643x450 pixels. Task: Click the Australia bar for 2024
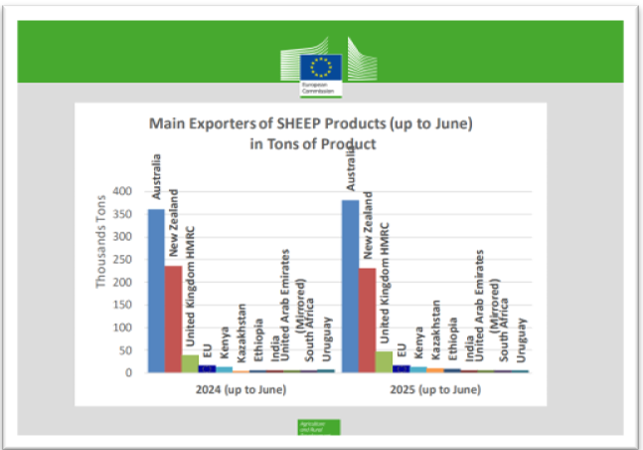(x=156, y=290)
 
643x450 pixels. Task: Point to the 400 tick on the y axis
(x=124, y=191)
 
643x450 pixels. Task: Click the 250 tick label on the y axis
(x=124, y=260)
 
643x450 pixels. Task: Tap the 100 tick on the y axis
(x=124, y=328)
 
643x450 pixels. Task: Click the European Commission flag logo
(x=321, y=68)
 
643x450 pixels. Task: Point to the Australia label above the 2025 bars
(x=351, y=164)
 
